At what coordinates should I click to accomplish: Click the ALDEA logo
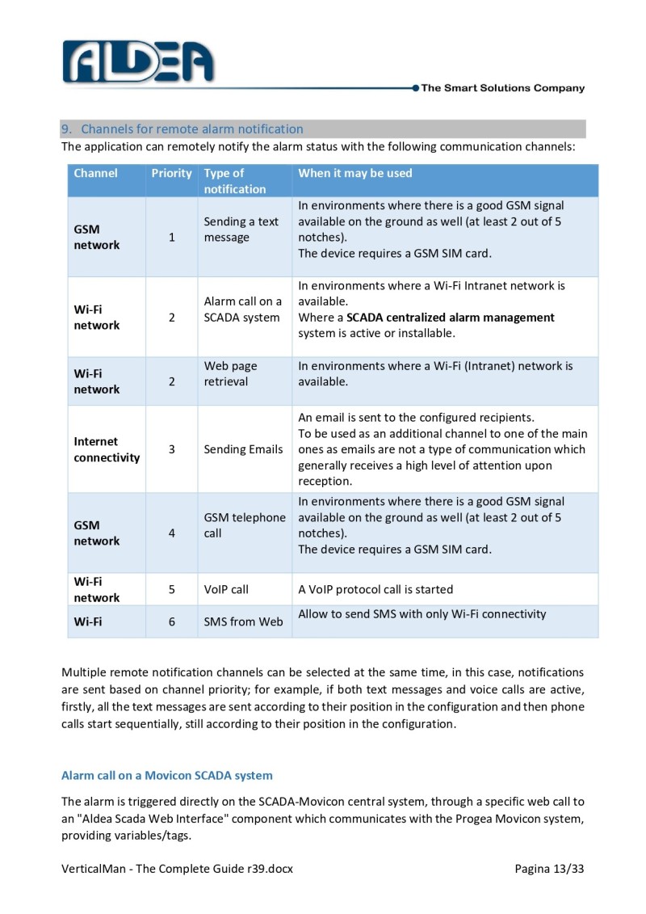pos(138,62)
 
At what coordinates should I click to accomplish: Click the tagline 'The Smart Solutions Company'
pos(502,88)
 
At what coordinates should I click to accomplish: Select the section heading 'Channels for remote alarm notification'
pos(192,129)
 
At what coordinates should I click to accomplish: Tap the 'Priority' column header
pos(171,174)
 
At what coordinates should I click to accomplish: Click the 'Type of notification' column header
pos(235,181)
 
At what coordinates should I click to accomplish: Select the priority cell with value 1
pos(171,238)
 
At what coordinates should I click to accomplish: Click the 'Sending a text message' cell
pos(241,230)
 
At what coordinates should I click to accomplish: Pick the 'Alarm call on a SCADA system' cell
pos(242,310)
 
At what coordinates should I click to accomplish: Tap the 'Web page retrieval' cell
pos(226,373)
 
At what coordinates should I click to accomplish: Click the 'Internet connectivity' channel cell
pos(107,449)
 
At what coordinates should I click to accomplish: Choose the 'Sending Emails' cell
pos(243,449)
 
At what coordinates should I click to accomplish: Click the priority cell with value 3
pos(171,449)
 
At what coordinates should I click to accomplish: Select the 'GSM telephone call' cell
pos(244,525)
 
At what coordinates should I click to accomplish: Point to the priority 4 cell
pos(171,533)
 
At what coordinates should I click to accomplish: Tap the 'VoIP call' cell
pos(226,589)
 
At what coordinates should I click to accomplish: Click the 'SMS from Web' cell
pos(243,621)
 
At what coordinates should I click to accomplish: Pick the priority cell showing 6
pos(171,621)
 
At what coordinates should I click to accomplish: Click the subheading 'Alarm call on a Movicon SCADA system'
pos(167,776)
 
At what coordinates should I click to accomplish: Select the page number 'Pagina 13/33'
pos(548,869)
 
